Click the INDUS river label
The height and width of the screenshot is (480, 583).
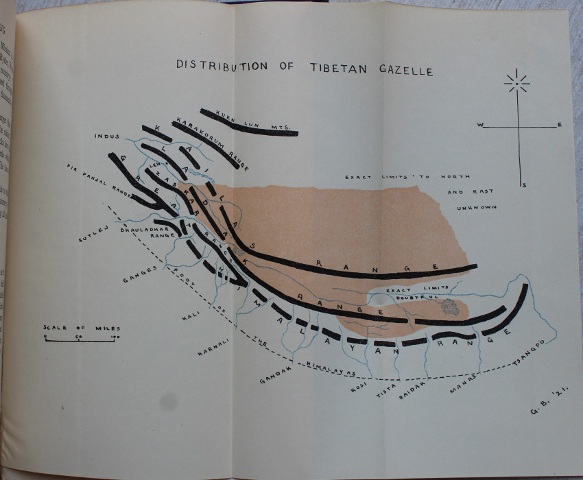[108, 136]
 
